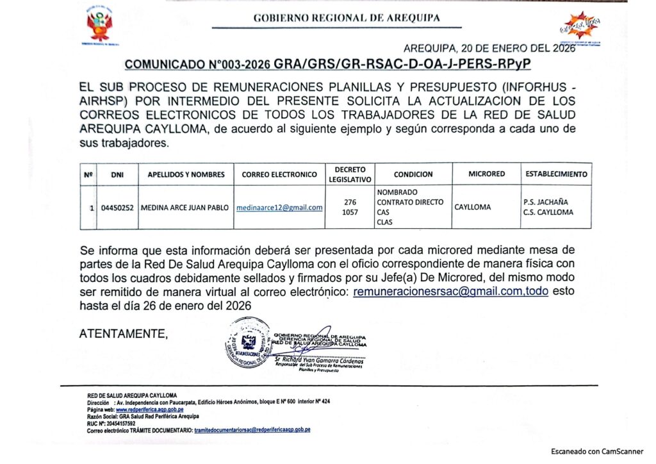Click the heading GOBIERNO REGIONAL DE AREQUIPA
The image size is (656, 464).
pos(347,18)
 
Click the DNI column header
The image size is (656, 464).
pos(117,174)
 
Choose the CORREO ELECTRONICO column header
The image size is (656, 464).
pos(279,174)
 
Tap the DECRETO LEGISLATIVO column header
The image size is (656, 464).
pos(350,174)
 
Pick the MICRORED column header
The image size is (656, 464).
pos(486,174)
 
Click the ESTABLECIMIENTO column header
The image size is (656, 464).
pos(555,174)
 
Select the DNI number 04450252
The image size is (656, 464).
pos(117,208)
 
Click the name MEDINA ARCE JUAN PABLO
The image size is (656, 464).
pos(184,208)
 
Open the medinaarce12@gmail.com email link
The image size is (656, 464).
pos(279,207)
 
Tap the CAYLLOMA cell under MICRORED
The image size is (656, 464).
pos(473,207)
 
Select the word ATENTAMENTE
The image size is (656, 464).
pos(123,333)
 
